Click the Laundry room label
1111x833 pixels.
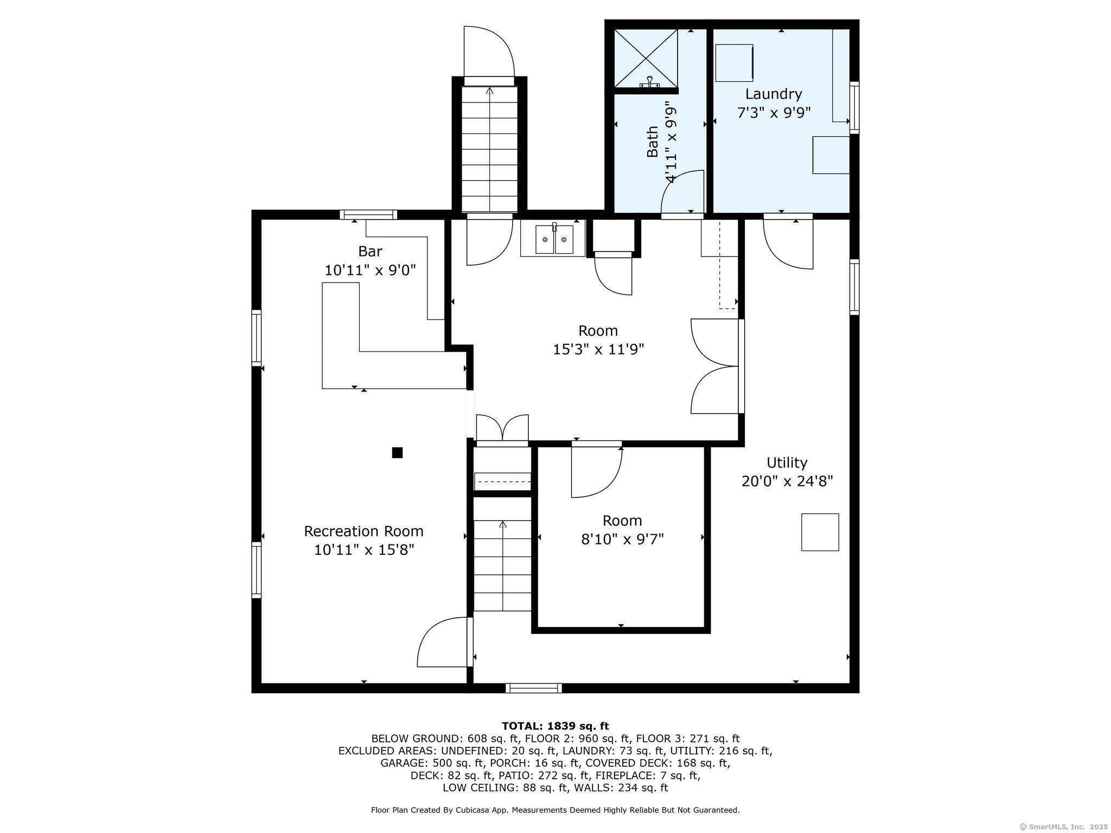click(773, 94)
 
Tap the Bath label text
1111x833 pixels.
click(653, 142)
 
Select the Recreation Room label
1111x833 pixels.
click(363, 531)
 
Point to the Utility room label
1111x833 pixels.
click(787, 463)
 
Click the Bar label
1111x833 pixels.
click(370, 251)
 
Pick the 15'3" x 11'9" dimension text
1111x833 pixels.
click(598, 349)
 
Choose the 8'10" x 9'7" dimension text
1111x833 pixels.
click(622, 539)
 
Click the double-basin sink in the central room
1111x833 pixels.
click(553, 239)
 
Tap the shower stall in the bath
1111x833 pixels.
click(646, 58)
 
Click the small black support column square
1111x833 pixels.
click(397, 452)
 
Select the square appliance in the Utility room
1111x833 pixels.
click(820, 532)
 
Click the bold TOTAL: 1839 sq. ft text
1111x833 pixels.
click(555, 726)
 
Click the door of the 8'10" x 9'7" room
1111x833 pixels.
click(596, 470)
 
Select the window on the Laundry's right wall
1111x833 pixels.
click(854, 107)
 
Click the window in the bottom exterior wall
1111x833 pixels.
click(533, 688)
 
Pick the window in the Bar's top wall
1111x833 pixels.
click(368, 214)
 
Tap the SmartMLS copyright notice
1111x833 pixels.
click(1064, 826)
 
